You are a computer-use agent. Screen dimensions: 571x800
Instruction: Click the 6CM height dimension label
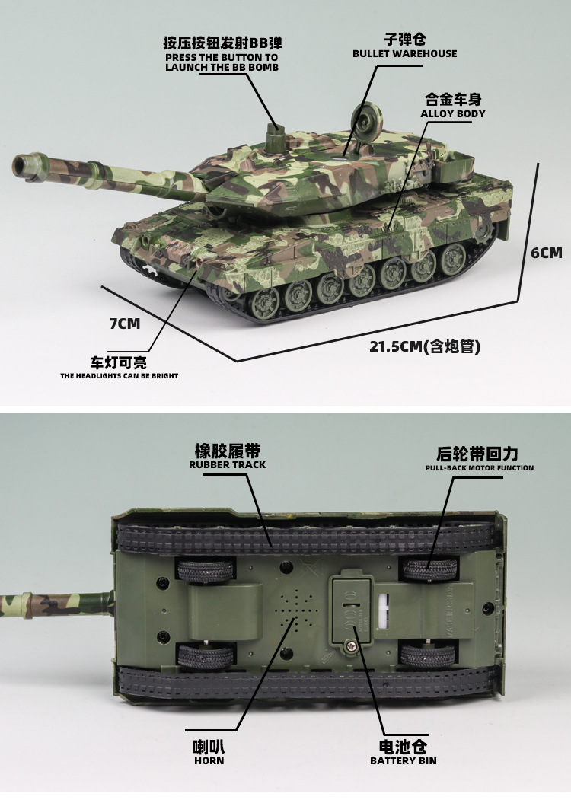coord(546,253)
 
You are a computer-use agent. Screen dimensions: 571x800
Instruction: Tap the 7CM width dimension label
coord(125,324)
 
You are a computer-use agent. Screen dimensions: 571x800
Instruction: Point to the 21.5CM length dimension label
coord(425,346)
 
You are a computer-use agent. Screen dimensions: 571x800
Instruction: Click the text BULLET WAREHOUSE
coord(405,53)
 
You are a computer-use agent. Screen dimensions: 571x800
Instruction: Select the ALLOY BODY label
coord(453,113)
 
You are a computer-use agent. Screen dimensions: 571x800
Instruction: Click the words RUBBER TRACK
coord(227,465)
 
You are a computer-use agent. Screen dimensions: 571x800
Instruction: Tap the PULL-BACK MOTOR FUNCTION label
coord(480,468)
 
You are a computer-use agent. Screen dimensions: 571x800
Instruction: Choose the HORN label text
coord(209,760)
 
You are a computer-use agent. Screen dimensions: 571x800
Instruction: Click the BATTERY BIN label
coord(403,760)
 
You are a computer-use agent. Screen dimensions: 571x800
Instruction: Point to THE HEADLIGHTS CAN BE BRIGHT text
coord(120,376)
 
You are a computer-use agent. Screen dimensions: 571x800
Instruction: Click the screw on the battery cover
coord(352,647)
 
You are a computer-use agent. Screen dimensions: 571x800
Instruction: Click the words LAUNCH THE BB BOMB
coord(222,67)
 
